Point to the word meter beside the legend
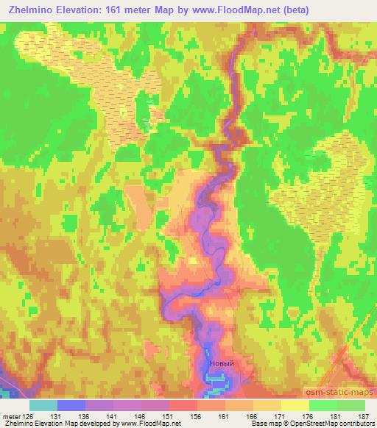tap(10, 415)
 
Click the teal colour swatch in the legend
tap(43, 405)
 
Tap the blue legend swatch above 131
tap(71, 405)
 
